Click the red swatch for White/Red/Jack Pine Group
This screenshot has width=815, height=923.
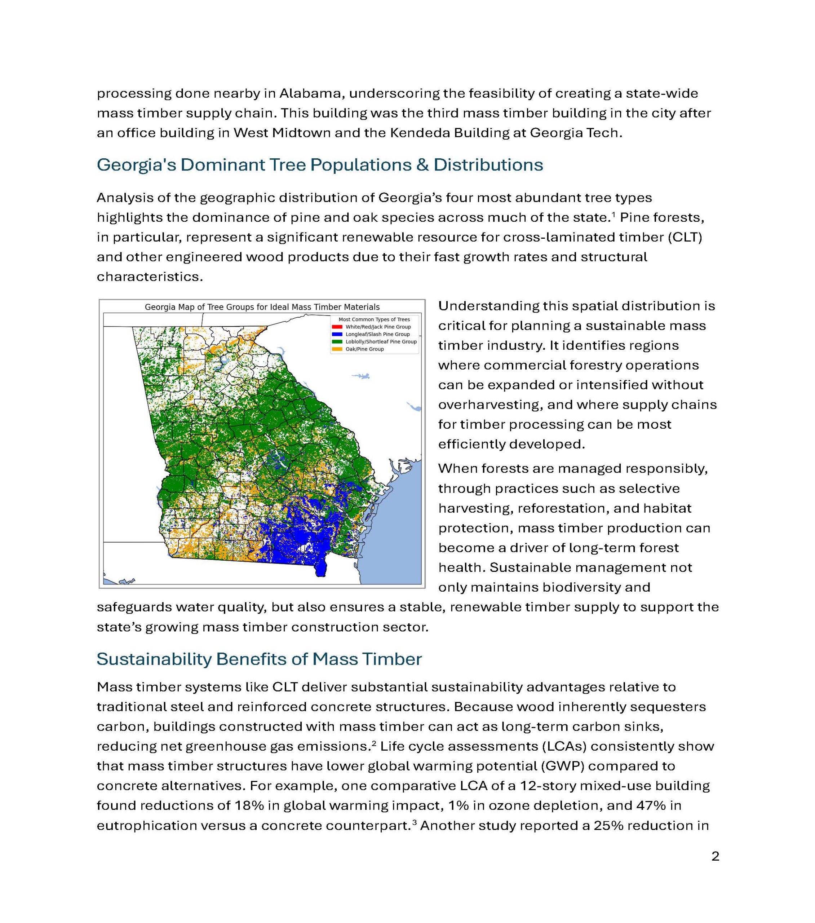[x=337, y=327]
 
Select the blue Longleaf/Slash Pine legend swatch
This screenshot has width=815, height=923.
[x=337, y=334]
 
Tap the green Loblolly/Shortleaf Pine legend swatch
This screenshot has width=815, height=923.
[x=337, y=342]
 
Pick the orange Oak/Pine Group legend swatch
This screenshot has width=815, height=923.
[x=337, y=349]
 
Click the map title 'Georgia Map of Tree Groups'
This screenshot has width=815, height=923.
[x=262, y=307]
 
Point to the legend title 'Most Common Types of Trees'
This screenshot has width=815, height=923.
[x=374, y=319]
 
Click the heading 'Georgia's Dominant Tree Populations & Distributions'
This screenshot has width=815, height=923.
[x=320, y=165]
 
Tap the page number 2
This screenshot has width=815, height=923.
[x=715, y=857]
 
